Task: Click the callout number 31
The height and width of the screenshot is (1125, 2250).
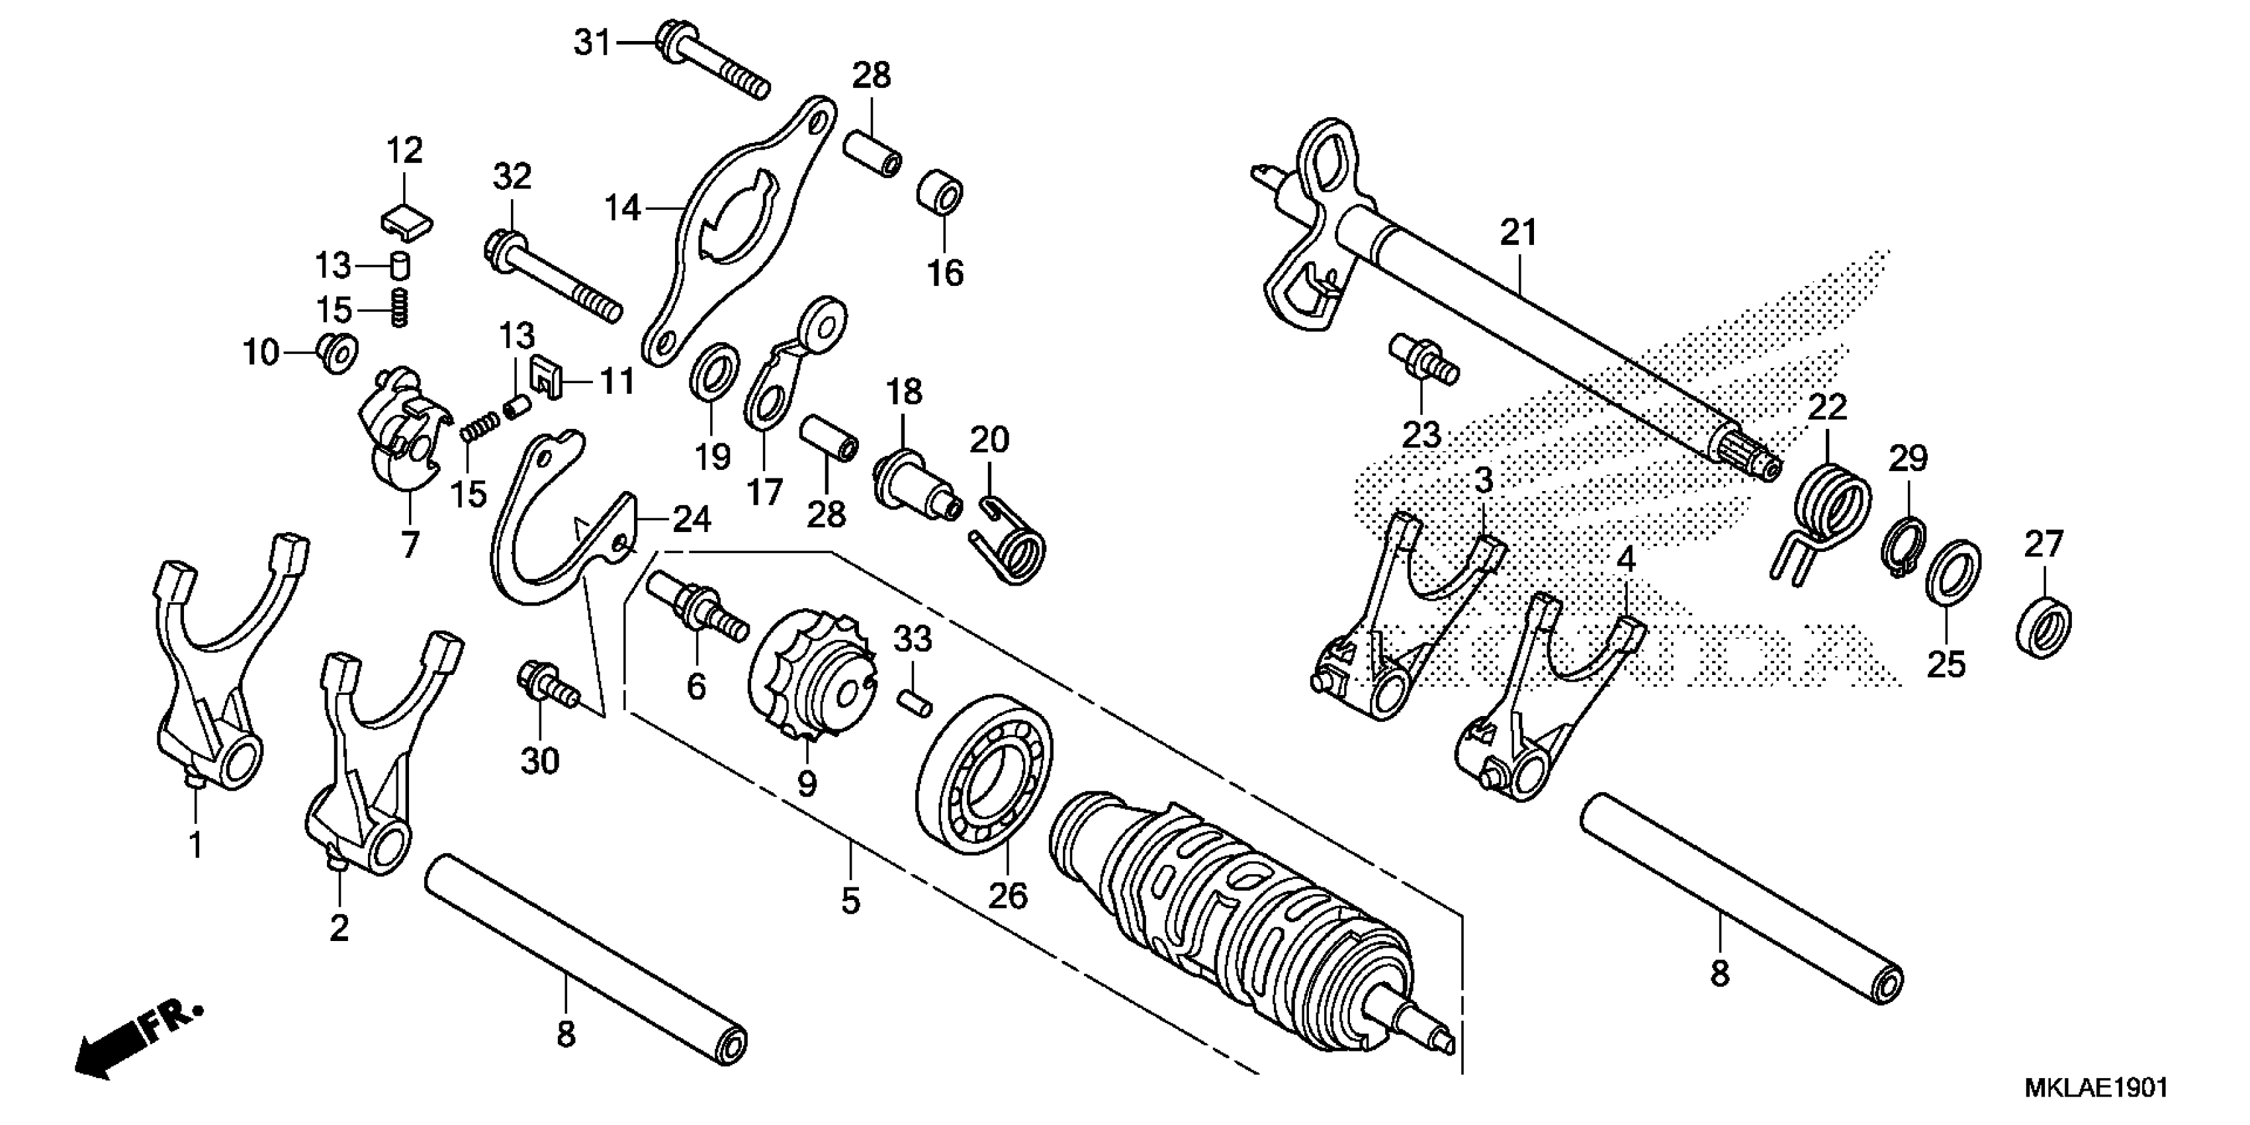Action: tap(592, 42)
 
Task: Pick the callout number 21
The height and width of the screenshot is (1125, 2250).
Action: tap(1518, 232)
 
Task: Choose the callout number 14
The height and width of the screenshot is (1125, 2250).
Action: tap(623, 208)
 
